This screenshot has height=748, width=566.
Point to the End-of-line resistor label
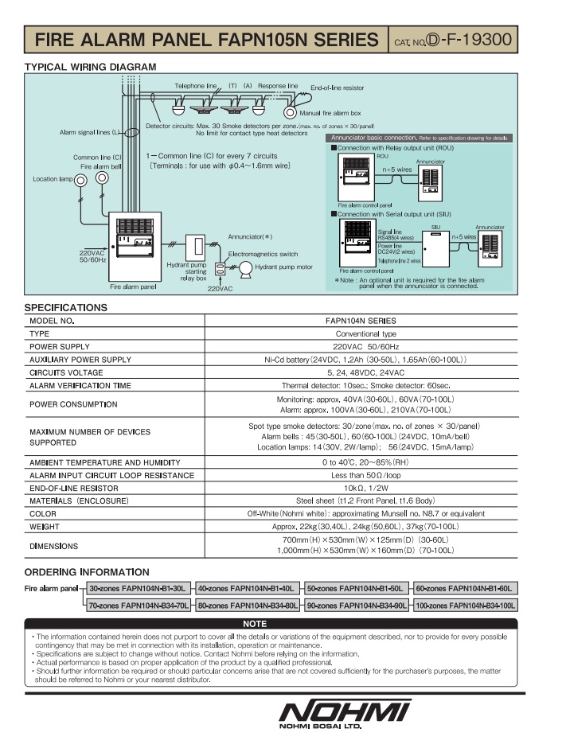[337, 87]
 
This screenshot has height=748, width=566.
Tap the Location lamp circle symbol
[80, 181]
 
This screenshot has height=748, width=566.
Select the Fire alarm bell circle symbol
[101, 178]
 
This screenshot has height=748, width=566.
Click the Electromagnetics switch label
[263, 254]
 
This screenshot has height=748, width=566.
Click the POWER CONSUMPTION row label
[72, 404]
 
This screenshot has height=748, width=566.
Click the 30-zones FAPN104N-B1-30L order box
[138, 588]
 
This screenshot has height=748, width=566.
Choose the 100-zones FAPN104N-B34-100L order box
[465, 606]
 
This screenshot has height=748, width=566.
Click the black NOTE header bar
[254, 624]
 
